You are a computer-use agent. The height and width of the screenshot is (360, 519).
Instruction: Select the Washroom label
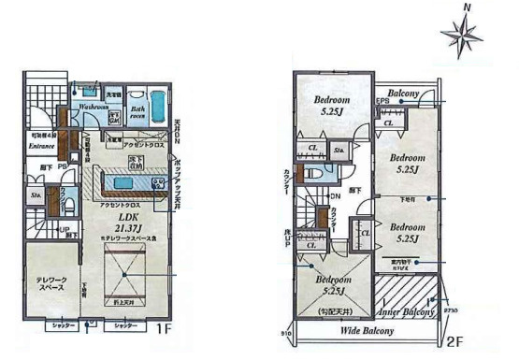(94, 107)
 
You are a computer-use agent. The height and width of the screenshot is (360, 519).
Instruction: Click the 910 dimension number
(287, 333)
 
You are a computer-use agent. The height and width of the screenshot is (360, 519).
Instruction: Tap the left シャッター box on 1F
(63, 325)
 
